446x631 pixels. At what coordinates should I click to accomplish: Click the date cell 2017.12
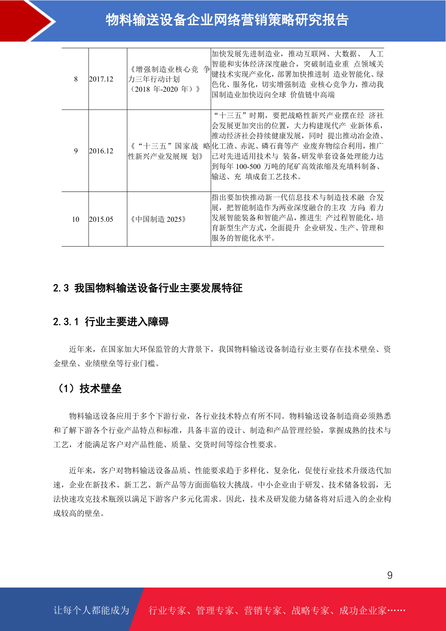(101, 79)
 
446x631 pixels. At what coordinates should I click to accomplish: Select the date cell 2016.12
(101, 151)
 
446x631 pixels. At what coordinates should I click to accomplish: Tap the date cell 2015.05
(101, 219)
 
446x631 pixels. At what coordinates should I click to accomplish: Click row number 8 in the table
(76, 79)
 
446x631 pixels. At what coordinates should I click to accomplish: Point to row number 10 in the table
(76, 219)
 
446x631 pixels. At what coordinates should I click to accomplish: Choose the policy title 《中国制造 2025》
(158, 219)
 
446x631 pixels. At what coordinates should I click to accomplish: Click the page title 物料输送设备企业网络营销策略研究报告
(227, 20)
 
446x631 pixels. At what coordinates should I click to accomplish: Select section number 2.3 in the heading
(61, 288)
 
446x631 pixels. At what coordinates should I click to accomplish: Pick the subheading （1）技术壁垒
(88, 389)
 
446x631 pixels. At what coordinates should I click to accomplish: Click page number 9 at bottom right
(390, 575)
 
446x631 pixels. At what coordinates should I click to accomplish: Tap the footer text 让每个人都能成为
(91, 610)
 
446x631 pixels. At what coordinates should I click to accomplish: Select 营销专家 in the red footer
(263, 611)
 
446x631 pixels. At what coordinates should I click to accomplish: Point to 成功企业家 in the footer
(362, 611)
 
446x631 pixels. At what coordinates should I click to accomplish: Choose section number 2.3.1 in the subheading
(66, 322)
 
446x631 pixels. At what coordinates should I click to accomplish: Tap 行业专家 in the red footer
(167, 611)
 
